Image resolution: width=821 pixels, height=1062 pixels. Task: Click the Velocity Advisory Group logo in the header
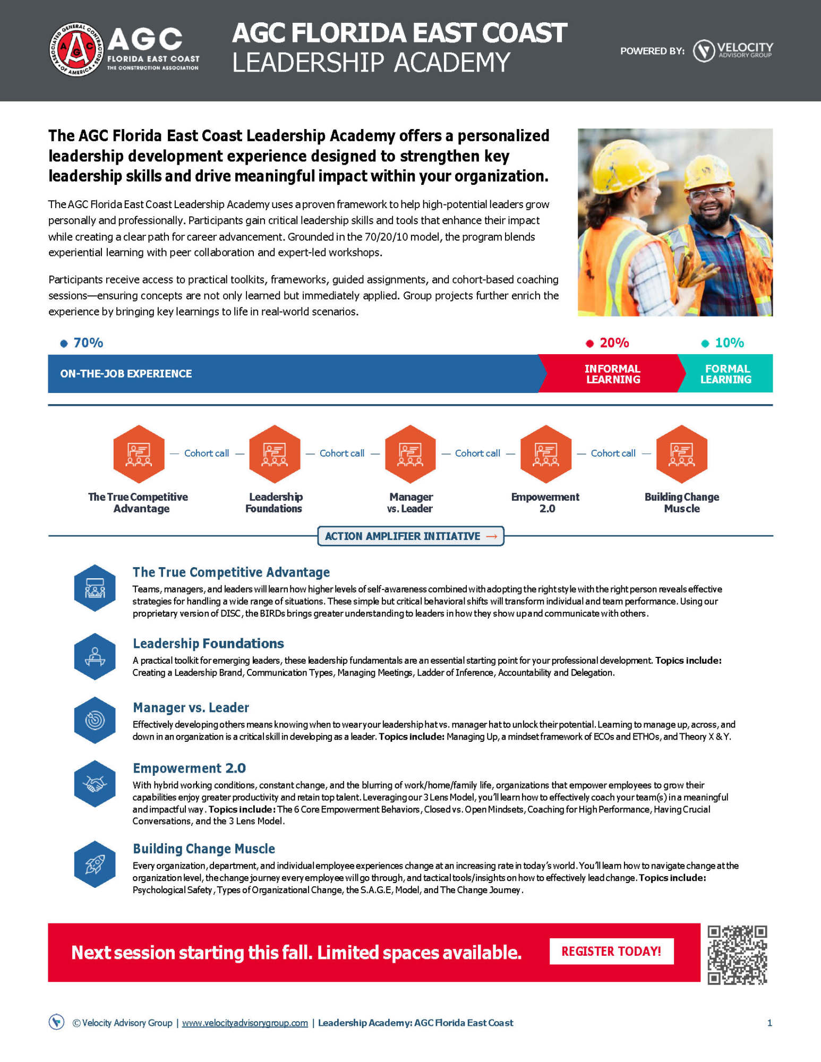(x=733, y=50)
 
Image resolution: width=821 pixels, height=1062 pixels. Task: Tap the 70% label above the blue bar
(x=88, y=343)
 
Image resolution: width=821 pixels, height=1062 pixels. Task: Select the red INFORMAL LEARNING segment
(x=612, y=374)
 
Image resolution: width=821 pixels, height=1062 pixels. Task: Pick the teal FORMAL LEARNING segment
(x=726, y=374)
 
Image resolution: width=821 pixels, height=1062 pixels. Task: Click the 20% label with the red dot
(x=613, y=343)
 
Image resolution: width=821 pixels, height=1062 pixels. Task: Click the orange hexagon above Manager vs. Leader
(x=410, y=454)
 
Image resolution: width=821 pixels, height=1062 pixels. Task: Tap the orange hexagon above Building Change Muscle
(x=681, y=454)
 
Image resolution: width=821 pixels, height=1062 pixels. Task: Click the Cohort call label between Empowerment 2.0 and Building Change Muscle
(x=613, y=453)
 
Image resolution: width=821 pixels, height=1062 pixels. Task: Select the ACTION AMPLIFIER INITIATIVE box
(x=410, y=536)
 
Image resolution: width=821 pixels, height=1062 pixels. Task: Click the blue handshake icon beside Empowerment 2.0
(x=95, y=784)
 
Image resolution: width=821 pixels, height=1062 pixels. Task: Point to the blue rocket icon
(x=95, y=864)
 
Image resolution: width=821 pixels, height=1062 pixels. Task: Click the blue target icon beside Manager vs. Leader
(x=95, y=720)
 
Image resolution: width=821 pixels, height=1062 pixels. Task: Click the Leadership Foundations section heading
(x=208, y=644)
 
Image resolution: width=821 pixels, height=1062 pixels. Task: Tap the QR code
(x=737, y=955)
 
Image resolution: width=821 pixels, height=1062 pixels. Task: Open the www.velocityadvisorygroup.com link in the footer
(x=245, y=1023)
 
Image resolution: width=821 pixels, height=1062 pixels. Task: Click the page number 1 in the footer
(x=769, y=1023)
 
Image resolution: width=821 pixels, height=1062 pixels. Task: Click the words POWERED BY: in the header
(x=652, y=52)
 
